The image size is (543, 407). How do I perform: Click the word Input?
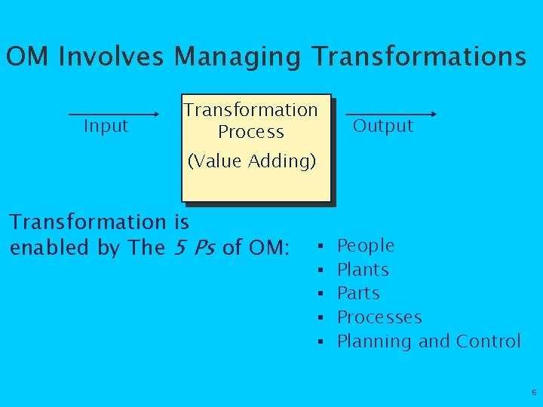(106, 126)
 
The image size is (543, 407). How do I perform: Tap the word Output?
(383, 126)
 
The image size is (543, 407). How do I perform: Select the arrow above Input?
(113, 115)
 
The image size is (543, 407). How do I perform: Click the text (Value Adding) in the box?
(252, 161)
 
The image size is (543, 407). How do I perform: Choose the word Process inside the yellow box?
(250, 132)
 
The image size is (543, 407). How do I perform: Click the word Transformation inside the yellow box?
(250, 110)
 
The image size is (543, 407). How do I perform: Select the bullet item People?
(365, 246)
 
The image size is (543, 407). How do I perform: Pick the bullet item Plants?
(362, 270)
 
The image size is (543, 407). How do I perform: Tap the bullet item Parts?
(358, 293)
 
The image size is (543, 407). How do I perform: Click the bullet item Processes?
(379, 317)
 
